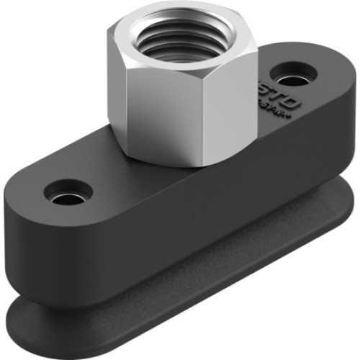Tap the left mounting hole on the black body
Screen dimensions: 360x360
pyautogui.click(x=68, y=192)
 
